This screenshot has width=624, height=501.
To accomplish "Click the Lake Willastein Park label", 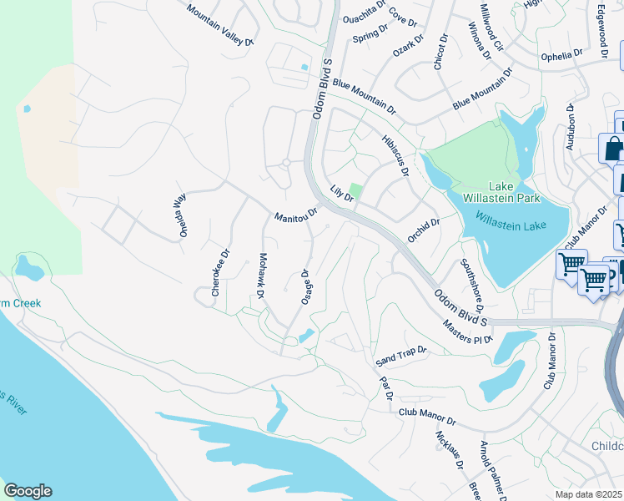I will (503, 192).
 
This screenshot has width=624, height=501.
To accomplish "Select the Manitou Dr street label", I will (296, 215).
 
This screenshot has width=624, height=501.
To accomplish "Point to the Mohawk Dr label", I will (261, 276).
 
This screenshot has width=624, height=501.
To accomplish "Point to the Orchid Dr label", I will (423, 230).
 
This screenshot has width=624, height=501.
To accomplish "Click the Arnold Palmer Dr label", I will (491, 471).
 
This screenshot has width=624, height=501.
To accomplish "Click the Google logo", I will (28, 491).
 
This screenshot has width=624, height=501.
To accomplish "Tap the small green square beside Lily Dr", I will (356, 191).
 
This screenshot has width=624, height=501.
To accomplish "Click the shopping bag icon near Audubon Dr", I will (613, 149).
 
